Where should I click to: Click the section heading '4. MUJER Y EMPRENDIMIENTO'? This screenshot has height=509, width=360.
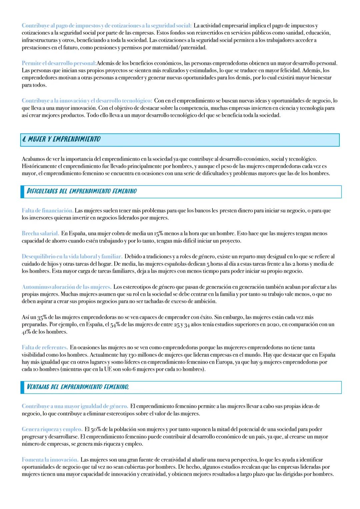pos(61,139)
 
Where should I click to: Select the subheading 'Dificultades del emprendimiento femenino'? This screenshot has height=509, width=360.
pos(82,191)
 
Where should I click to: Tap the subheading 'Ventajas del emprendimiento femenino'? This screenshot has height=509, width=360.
pos(78,387)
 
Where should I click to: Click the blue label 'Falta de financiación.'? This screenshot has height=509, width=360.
pos(47,211)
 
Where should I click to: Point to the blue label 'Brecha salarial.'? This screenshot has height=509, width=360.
pos(40,234)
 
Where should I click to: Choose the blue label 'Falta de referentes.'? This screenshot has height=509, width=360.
pos(45,347)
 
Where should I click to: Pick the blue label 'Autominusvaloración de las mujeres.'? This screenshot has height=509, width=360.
pos(66,287)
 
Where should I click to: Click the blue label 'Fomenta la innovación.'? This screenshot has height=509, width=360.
pos(50,460)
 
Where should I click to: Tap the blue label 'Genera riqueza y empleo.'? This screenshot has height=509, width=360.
pos(52,429)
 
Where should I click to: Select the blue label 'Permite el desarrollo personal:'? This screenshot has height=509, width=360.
pos(59,63)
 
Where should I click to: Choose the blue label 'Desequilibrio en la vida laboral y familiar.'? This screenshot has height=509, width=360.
pos(72,256)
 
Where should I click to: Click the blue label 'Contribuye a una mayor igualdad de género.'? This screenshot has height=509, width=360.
pos(75,406)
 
